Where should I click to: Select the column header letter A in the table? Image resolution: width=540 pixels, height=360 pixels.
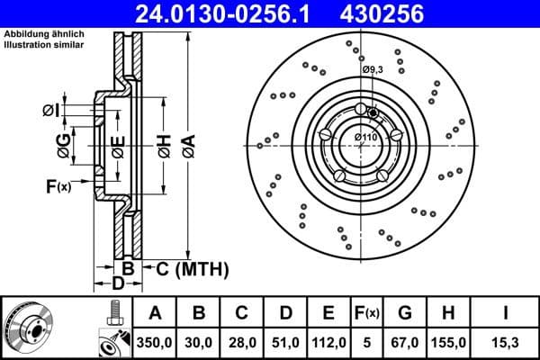[155, 313]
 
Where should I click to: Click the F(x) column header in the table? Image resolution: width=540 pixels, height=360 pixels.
[368, 313]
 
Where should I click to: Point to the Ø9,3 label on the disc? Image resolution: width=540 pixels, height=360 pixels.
[373, 69]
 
